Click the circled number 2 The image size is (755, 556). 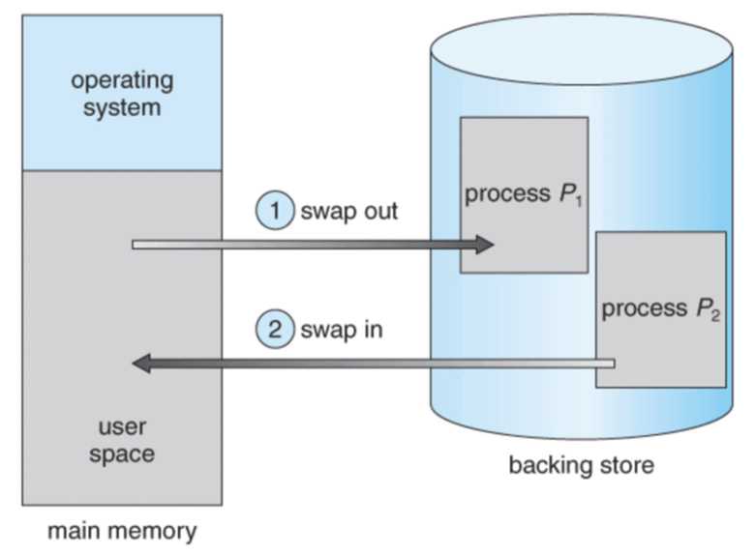pyautogui.click(x=275, y=329)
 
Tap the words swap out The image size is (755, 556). pyautogui.click(x=349, y=212)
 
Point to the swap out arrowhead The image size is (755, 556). pyautogui.click(x=485, y=245)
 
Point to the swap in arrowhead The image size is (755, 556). pyautogui.click(x=140, y=364)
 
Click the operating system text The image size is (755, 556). pyautogui.click(x=122, y=93)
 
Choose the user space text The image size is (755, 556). pyautogui.click(x=122, y=440)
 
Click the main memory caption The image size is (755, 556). pyautogui.click(x=122, y=531)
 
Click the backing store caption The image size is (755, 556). pyautogui.click(x=581, y=466)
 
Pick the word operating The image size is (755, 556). pyautogui.click(x=122, y=79)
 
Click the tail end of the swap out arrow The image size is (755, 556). pyautogui.click(x=136, y=245)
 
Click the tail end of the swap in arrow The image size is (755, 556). pyautogui.click(x=611, y=364)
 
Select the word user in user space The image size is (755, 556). pyautogui.click(x=122, y=426)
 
